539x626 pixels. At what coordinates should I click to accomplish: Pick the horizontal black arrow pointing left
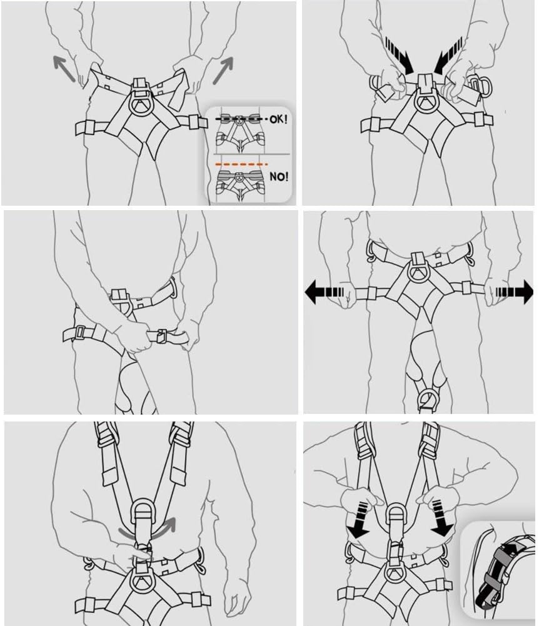click(325, 292)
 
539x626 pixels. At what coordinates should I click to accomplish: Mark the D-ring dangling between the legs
click(429, 398)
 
